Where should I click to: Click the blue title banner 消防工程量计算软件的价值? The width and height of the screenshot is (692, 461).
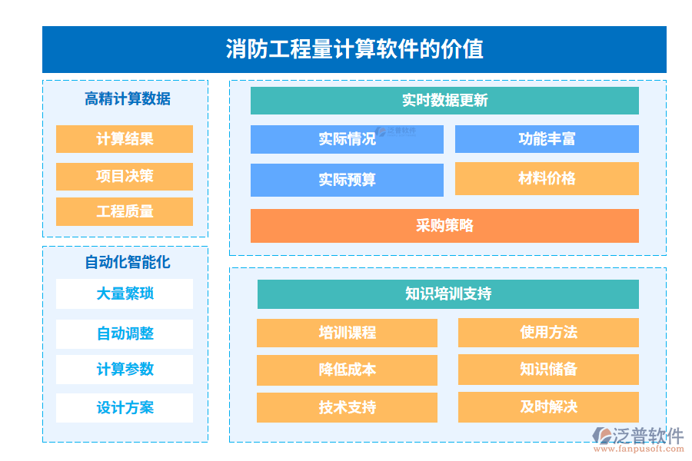point(354,49)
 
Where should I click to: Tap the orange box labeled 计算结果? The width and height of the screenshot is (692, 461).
point(125,139)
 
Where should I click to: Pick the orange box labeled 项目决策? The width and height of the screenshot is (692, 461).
point(125,176)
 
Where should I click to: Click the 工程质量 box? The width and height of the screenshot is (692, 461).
point(125,211)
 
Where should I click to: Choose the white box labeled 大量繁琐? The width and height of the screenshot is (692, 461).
point(125,294)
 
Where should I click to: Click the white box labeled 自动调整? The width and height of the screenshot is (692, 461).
point(125,333)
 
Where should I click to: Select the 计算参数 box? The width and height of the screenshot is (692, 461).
point(125,370)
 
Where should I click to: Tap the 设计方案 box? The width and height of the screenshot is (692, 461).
point(125,407)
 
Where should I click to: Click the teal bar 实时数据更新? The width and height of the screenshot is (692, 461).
point(444,101)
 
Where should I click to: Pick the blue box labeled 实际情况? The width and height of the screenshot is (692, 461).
point(347,139)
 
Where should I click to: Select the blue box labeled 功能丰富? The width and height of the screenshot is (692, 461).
point(547,139)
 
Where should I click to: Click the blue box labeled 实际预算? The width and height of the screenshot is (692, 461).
point(347,180)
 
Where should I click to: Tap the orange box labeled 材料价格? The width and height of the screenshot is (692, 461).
point(547,178)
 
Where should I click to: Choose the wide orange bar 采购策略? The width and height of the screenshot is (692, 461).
point(444,225)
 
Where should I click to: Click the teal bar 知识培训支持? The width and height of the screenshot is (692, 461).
point(447,294)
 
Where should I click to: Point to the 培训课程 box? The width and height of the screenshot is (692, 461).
point(347,333)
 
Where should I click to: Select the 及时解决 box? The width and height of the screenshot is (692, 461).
point(548,406)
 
